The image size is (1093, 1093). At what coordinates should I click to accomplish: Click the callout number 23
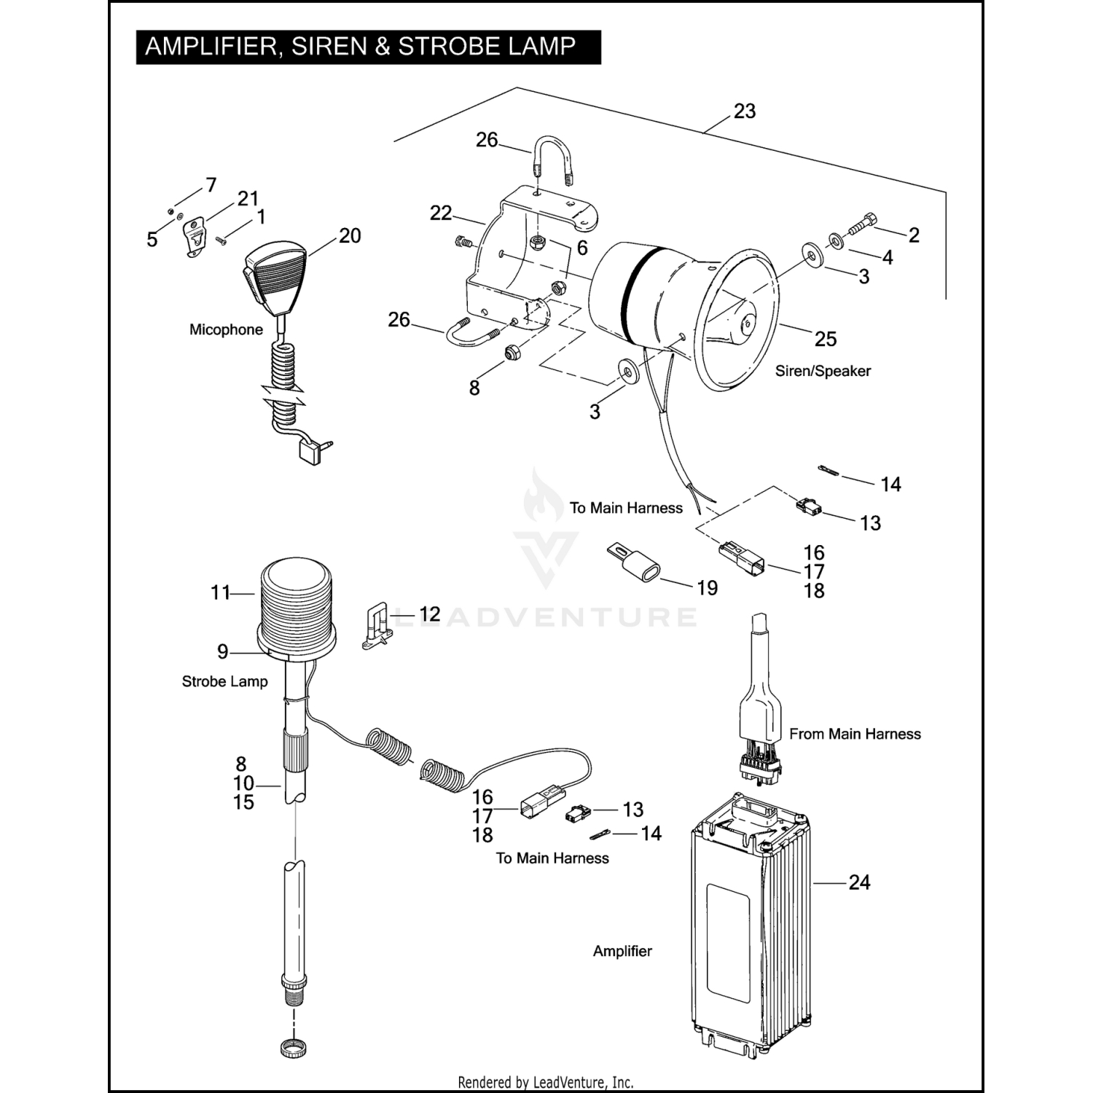pos(744,111)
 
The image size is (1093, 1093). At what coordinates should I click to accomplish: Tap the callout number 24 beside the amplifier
pos(859,882)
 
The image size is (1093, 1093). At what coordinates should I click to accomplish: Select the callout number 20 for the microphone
pos(350,236)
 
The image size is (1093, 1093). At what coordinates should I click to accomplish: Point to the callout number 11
pos(221,592)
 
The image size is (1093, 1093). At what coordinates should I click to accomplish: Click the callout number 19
pos(707,587)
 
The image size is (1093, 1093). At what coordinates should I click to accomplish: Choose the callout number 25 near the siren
pos(825,339)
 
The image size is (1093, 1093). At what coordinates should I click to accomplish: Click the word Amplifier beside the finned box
pos(622,951)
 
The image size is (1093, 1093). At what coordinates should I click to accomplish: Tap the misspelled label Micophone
pos(226,329)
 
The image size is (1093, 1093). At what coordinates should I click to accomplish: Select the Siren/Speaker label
pos(823,371)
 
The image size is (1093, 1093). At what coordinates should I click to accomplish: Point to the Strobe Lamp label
pos(224,681)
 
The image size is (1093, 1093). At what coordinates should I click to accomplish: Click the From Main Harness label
pos(855,734)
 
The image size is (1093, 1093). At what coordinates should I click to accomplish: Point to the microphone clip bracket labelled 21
pos(193,238)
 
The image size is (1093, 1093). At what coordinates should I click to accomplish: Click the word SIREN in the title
pos(329,47)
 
